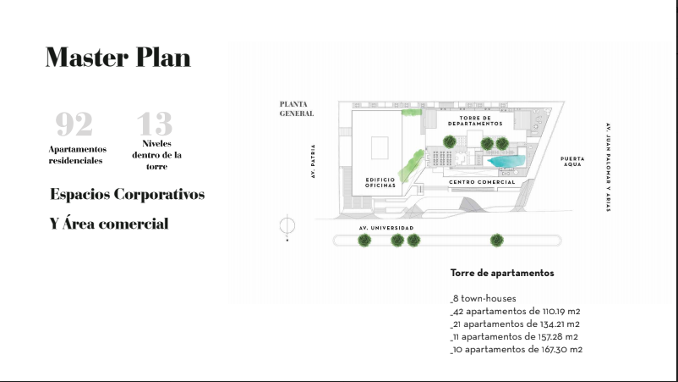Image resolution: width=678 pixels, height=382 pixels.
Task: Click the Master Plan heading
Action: point(118,57)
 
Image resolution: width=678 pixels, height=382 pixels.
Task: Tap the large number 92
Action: point(74,124)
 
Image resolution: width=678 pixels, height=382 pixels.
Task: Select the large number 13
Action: point(155,124)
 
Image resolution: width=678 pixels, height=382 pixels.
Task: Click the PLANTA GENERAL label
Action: point(297,108)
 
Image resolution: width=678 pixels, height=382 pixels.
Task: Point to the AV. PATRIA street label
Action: point(313,161)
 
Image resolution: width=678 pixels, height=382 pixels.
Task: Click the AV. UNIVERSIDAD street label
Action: point(386,228)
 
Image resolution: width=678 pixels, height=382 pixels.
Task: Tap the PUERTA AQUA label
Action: point(572,162)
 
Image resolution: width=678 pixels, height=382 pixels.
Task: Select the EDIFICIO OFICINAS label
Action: point(380,182)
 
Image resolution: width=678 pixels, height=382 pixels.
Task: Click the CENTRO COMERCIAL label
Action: point(482,182)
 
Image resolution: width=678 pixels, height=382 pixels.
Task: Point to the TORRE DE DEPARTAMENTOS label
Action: point(475,121)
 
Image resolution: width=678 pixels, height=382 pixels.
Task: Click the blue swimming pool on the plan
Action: point(506,161)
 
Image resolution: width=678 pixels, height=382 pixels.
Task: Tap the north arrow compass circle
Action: point(287,225)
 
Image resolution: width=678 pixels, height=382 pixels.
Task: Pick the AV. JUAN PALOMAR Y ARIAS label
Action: point(609,167)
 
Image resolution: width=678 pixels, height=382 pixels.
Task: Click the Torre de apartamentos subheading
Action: point(502,273)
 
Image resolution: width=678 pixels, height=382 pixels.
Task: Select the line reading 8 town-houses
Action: point(483,298)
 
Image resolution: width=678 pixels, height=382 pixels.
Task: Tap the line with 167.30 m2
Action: point(517,350)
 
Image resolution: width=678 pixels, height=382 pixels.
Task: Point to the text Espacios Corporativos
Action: point(127,194)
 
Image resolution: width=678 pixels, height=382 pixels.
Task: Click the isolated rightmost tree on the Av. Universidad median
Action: point(497,240)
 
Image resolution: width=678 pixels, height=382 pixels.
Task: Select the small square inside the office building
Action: point(380,147)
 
